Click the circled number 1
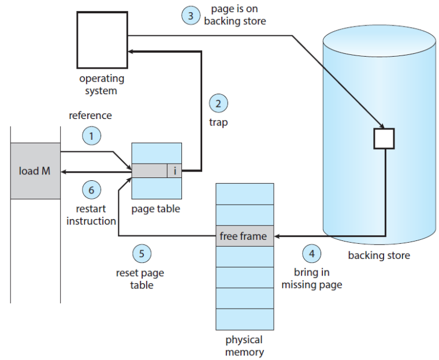91,136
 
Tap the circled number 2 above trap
218,104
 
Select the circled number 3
191,15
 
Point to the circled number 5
142,253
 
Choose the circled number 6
91,189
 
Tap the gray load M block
35,171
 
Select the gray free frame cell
244,236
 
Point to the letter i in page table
174,170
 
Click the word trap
218,123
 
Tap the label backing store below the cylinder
378,255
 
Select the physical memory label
244,346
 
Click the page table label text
155,209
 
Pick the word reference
90,116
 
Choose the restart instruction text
91,215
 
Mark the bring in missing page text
311,279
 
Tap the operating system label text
102,84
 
